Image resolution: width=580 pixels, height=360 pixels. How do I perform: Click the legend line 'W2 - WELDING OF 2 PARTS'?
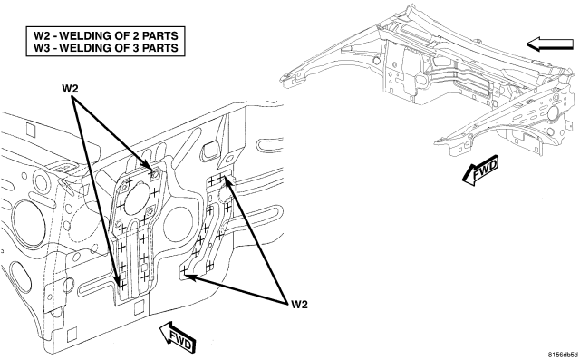106,36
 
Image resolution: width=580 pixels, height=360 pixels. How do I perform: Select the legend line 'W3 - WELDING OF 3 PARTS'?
106,48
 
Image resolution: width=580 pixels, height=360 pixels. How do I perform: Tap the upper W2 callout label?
70,89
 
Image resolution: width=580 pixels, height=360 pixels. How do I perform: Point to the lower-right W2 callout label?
299,305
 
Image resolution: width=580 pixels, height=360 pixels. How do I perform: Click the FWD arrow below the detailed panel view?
178,336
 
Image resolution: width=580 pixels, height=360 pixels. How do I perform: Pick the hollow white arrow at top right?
550,44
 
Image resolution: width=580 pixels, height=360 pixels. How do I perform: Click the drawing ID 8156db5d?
564,354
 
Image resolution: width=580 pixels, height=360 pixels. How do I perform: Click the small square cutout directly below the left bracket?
139,306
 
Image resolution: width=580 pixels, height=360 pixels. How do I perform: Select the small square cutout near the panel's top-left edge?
30,129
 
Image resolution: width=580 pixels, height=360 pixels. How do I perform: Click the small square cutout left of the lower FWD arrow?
72,335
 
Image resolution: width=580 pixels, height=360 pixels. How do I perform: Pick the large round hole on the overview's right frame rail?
554,112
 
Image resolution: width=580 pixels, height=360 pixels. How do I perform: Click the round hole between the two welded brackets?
179,223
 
